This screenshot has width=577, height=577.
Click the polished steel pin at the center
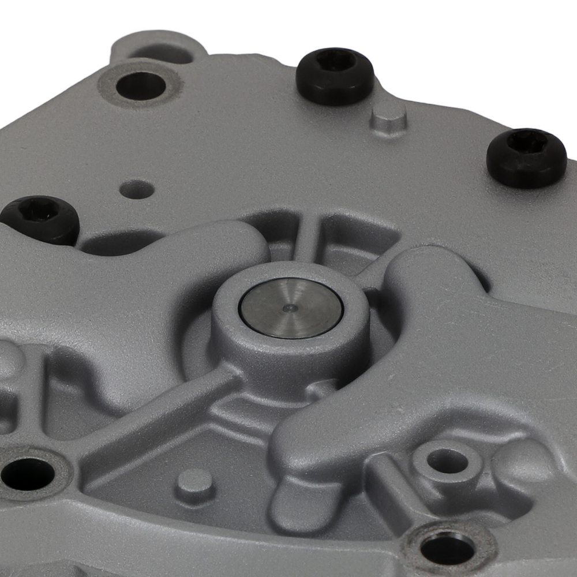291,309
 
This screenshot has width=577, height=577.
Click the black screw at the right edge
526,157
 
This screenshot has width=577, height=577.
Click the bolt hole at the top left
141,86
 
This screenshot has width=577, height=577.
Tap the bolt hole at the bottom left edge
27,474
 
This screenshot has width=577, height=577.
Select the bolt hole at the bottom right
448,548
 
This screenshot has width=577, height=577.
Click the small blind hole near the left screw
137,189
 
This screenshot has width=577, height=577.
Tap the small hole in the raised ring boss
447,460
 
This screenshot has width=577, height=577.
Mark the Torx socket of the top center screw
336,59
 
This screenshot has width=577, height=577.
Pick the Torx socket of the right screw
527,142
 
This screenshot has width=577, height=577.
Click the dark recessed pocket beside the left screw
118,242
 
